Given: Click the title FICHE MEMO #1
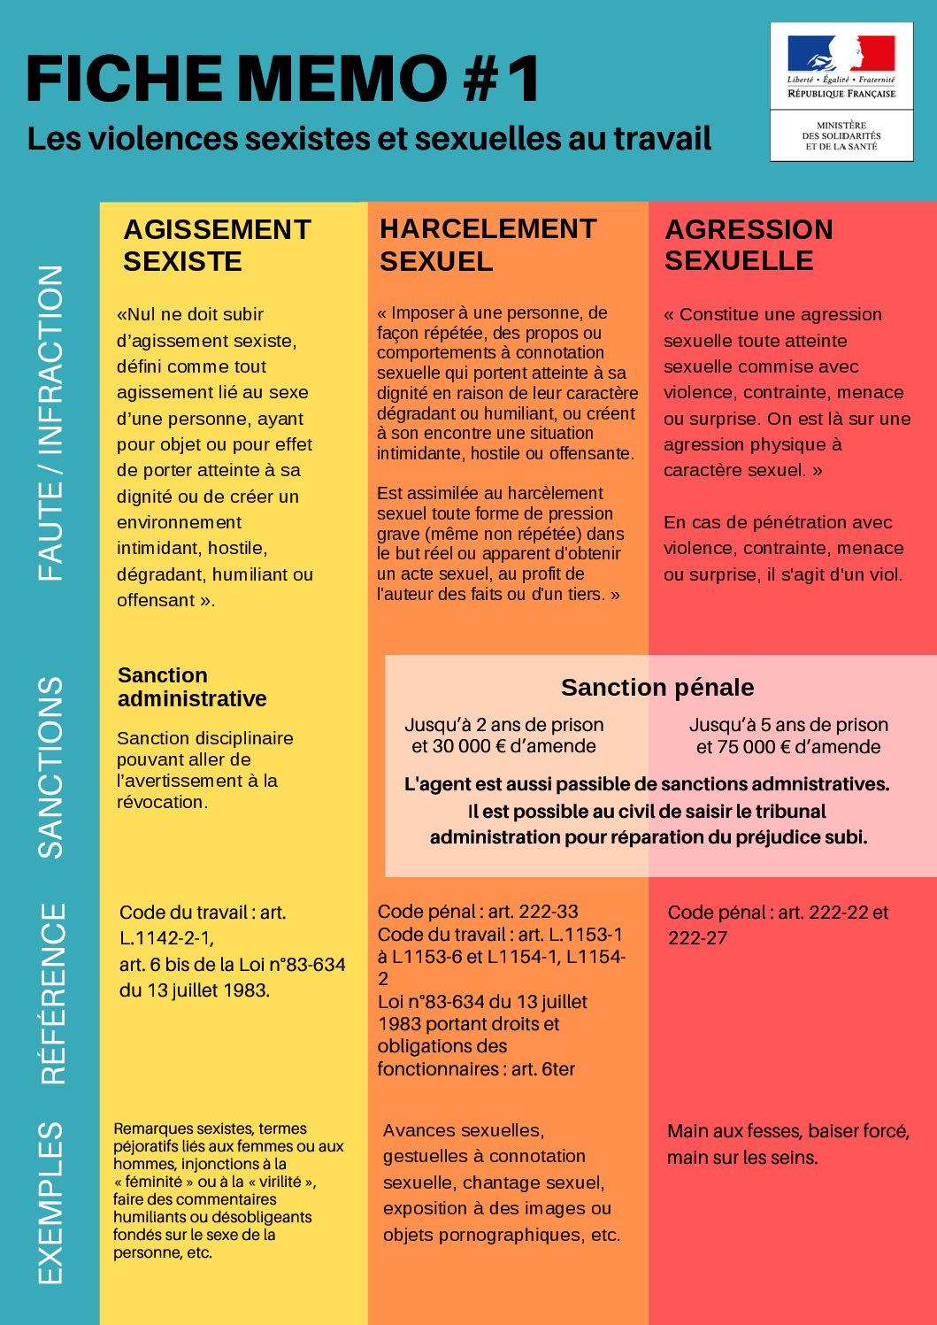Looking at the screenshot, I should coord(283,78).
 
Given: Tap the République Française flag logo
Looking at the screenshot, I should coord(841,55).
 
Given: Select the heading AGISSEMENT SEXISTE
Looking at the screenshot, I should coord(217,245).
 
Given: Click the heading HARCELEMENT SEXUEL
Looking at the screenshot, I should coord(488,245).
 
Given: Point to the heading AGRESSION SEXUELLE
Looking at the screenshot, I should coord(749,245).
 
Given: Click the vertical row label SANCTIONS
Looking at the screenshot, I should coord(51,767).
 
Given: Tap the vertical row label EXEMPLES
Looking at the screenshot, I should coord(50,1203).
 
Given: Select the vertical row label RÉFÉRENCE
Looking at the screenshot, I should coord(53,993).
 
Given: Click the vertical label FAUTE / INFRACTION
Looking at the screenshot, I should coord(50,423).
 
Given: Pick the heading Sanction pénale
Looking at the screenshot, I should coord(657,688).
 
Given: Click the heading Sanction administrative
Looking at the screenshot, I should coord(192,687).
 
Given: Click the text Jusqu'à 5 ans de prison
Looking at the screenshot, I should coord(788,725).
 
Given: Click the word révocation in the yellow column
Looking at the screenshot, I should coord(160,802).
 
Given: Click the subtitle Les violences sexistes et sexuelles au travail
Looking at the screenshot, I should coord(369,139).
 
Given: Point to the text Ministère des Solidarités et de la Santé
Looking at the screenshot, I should coord(841,136).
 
